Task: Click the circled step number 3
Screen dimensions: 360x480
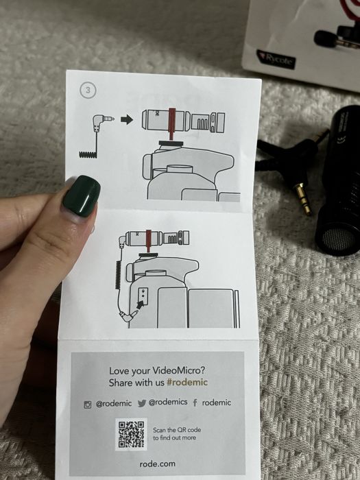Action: pyautogui.click(x=88, y=91)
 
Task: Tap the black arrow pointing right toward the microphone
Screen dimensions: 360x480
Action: pyautogui.click(x=127, y=120)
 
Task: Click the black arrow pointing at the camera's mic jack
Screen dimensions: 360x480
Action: pyautogui.click(x=140, y=304)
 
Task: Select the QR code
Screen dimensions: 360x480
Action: pyautogui.click(x=131, y=434)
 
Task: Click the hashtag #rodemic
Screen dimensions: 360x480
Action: pyautogui.click(x=187, y=383)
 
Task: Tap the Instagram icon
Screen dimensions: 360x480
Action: pyautogui.click(x=88, y=405)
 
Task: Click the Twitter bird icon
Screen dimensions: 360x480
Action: pyautogui.click(x=142, y=403)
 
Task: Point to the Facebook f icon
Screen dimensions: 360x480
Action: pyautogui.click(x=195, y=403)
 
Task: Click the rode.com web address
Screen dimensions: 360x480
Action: pyautogui.click(x=157, y=464)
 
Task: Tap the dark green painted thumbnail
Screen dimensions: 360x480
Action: pyautogui.click(x=82, y=196)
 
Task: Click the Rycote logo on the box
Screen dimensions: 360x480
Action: pyautogui.click(x=276, y=59)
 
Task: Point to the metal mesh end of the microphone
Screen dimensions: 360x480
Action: pyautogui.click(x=339, y=239)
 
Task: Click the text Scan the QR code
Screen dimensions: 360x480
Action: pyautogui.click(x=177, y=430)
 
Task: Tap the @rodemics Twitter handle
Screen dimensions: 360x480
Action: pyautogui.click(x=168, y=402)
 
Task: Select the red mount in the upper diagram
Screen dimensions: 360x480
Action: pyautogui.click(x=171, y=123)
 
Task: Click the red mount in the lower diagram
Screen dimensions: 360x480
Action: pyautogui.click(x=149, y=241)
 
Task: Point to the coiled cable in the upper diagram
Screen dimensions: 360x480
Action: pyautogui.click(x=88, y=154)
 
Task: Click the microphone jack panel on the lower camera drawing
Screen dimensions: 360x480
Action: pyautogui.click(x=143, y=294)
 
